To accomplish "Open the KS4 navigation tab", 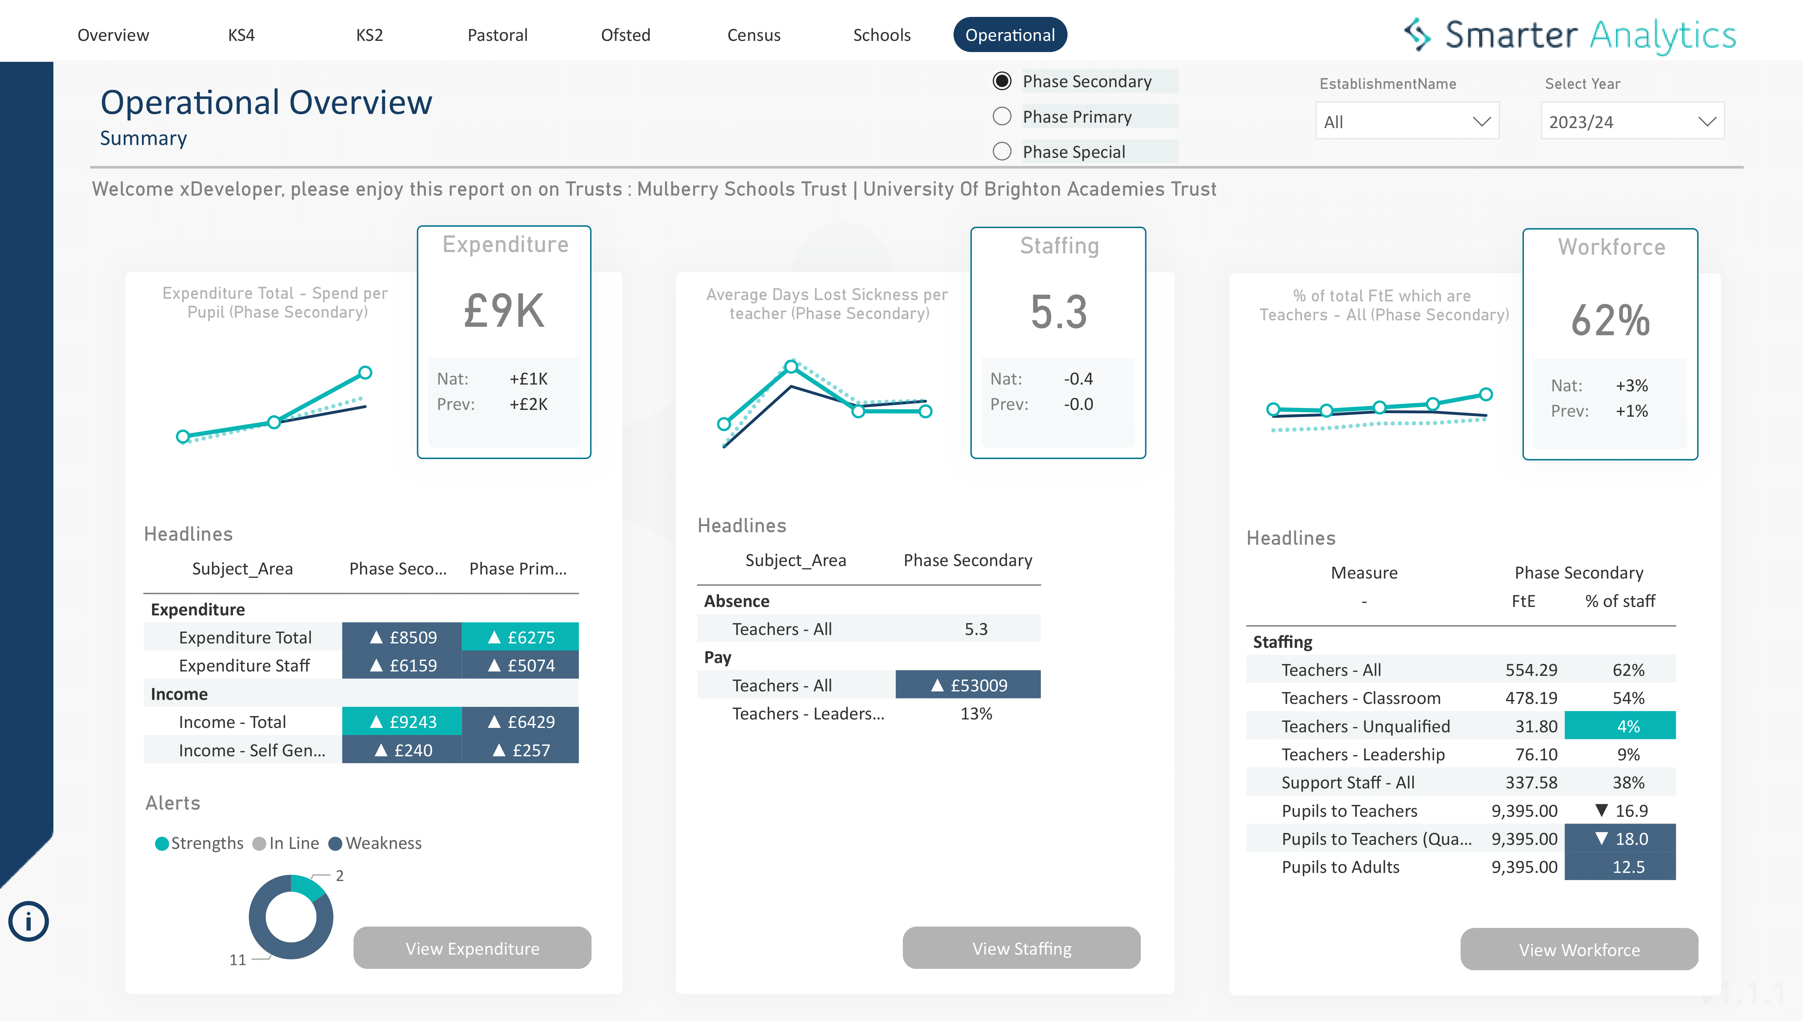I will pos(241,35).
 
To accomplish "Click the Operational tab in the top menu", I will pos(1009,35).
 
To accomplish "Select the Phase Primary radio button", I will pos(1002,117).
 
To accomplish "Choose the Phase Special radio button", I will pos(1002,152).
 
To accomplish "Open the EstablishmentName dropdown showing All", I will pos(1406,121).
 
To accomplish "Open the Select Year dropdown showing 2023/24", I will pos(1631,121).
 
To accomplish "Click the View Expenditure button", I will pos(472,948).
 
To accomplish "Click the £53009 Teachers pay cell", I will pos(967,685).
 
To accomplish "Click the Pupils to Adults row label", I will pos(1340,867).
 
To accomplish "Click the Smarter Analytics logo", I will pos(1569,35).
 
